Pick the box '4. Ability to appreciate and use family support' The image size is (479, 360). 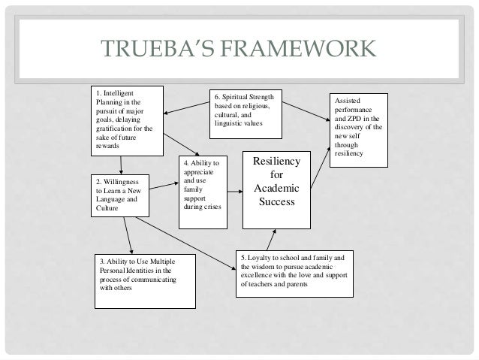[201, 191]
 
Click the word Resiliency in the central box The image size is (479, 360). [276, 162]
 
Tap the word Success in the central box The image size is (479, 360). [276, 201]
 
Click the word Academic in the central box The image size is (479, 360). [276, 188]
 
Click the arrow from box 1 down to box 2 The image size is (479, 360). [121, 165]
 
